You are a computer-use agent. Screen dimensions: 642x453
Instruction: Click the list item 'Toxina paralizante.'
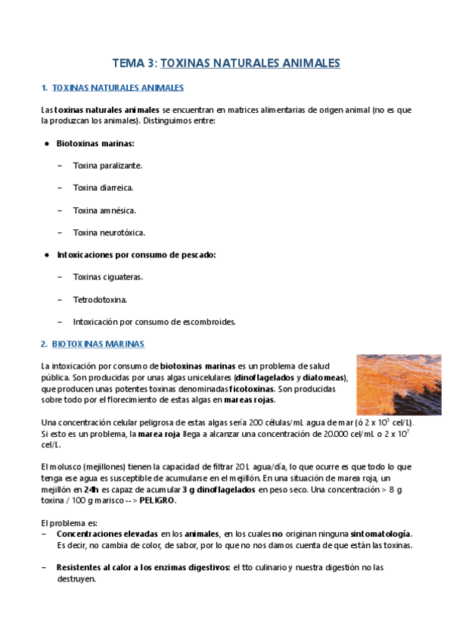107,165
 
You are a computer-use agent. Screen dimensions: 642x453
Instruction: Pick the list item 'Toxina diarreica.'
103,188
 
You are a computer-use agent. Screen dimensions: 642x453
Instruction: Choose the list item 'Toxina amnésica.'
104,210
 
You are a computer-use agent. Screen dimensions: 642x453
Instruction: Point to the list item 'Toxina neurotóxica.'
109,232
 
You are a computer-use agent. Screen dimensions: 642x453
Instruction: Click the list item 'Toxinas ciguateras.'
108,277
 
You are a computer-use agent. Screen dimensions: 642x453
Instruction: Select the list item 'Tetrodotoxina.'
100,299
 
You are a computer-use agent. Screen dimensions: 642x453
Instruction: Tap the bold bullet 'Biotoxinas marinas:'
95,143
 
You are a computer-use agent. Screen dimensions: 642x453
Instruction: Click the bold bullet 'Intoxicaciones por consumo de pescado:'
136,255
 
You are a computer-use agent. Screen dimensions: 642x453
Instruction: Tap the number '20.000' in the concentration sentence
335,434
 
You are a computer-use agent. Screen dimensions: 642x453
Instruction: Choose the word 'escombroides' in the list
209,322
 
